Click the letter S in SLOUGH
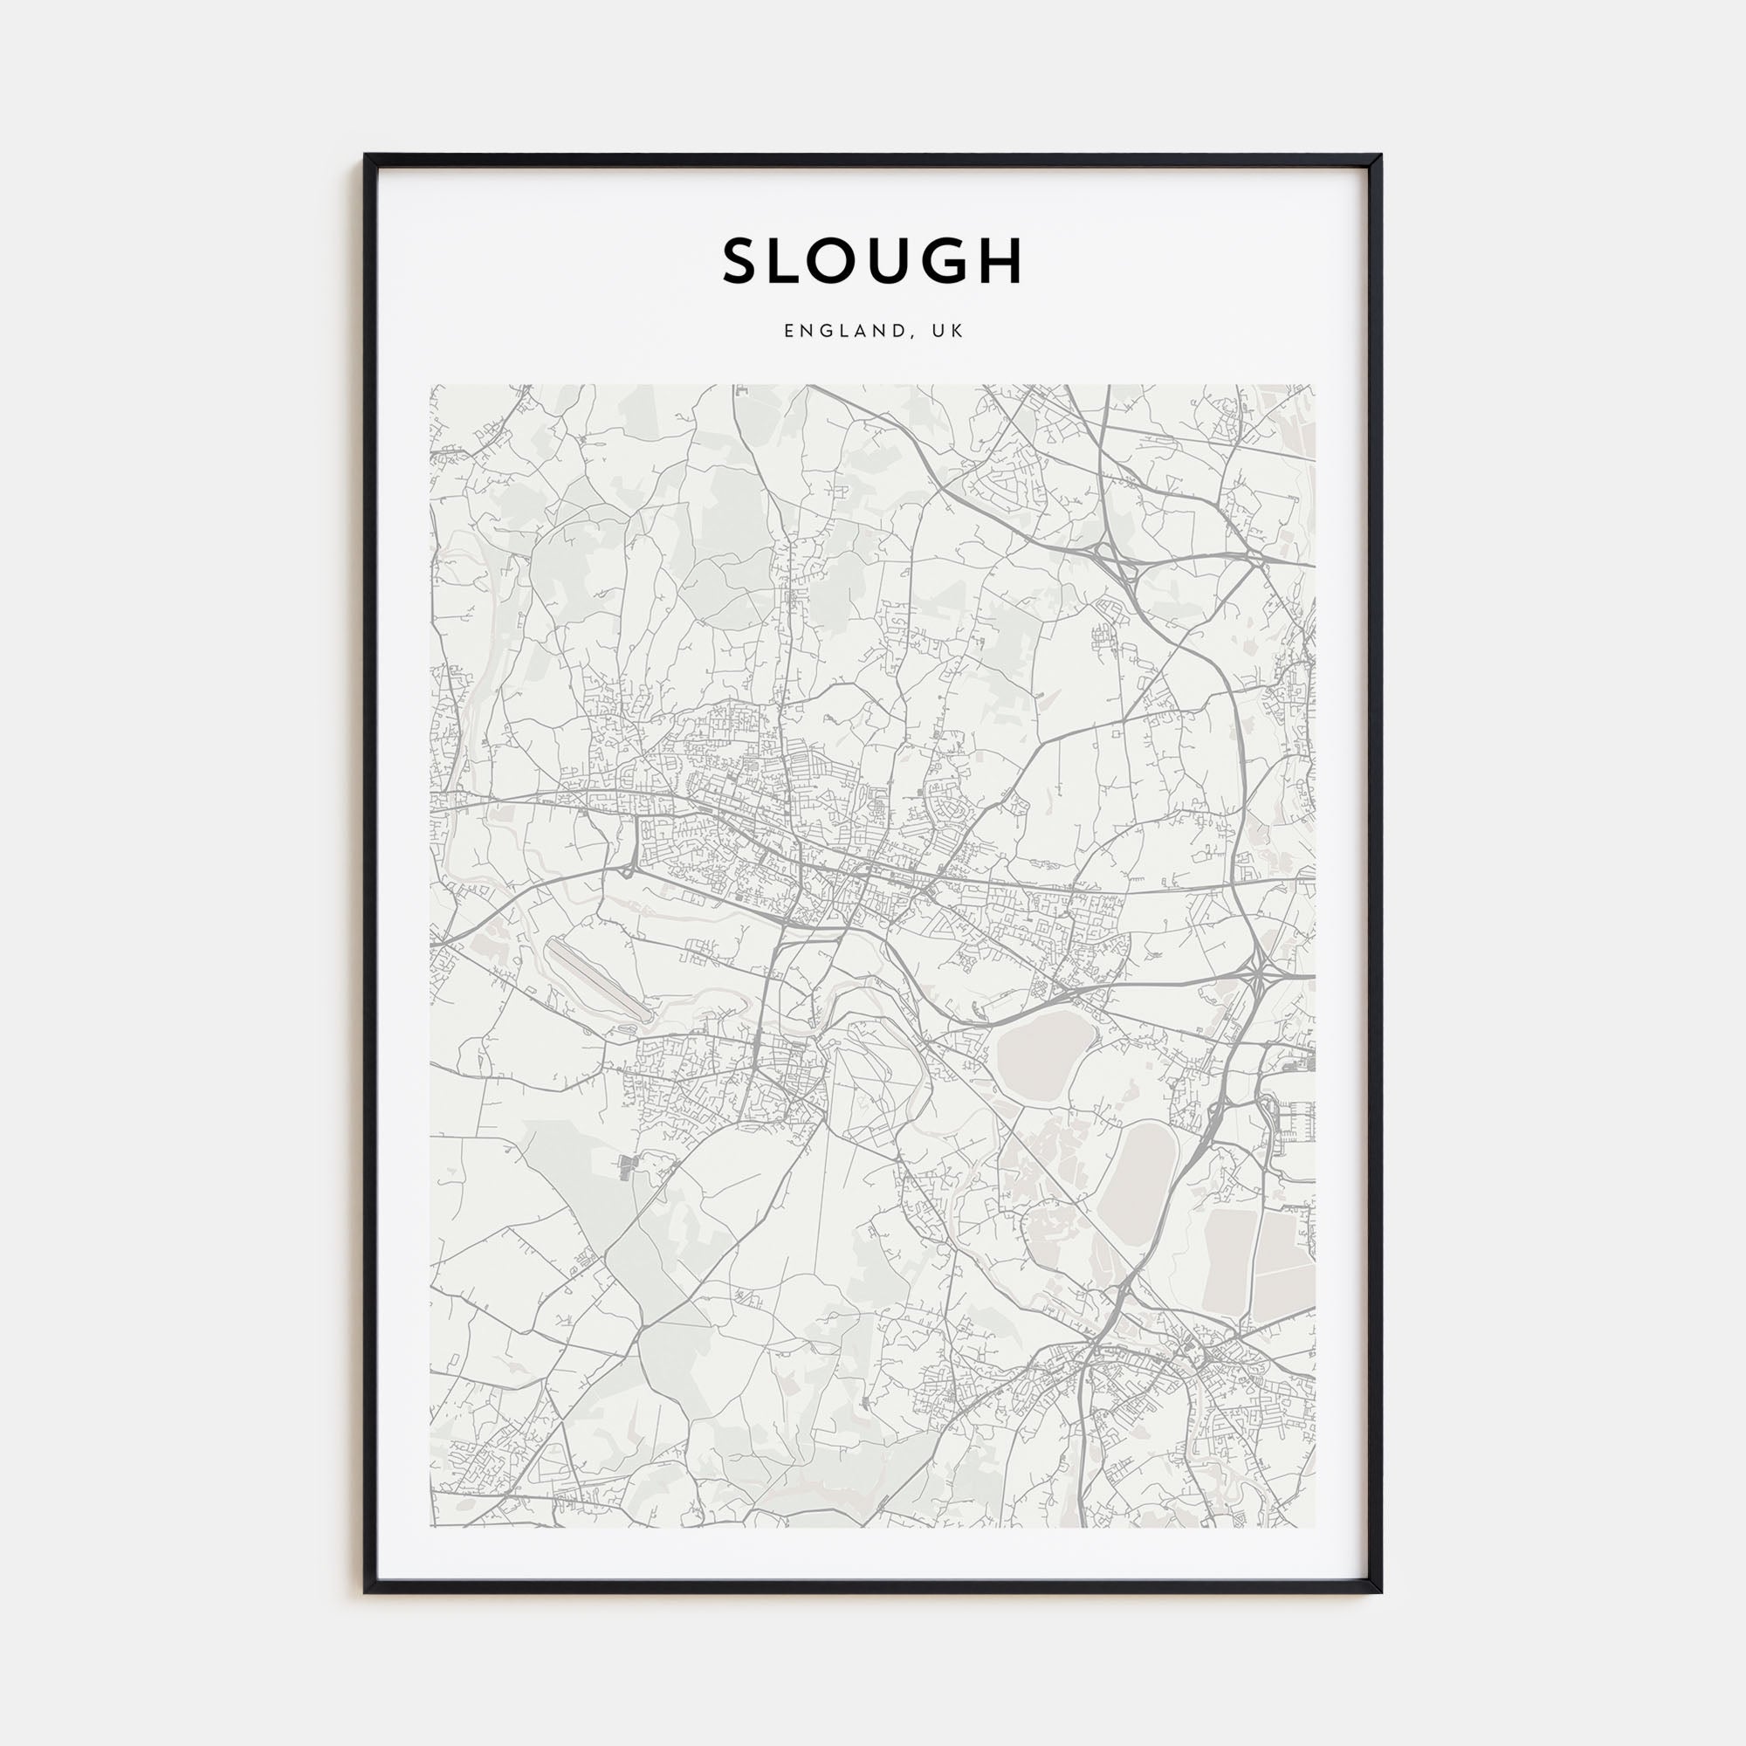tap(741, 261)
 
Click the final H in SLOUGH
tap(1042, 261)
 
